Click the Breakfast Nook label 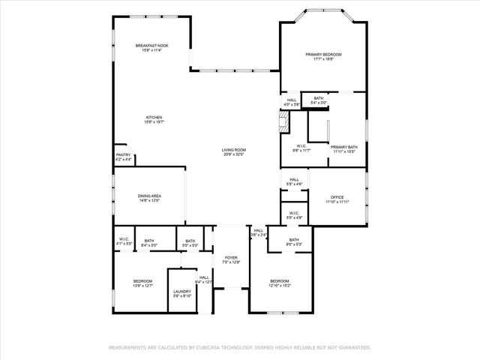coord(151,48)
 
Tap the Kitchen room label coord(154,119)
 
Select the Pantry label coord(123,157)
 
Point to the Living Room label coord(233,152)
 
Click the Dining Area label coord(149,198)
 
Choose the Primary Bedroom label coord(323,57)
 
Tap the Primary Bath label coord(343,149)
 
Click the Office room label coord(337,199)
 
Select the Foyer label coord(231,259)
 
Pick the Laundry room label coord(181,293)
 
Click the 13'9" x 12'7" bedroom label coord(142,283)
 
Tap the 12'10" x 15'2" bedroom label coord(279,283)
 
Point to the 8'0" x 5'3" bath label coord(294,241)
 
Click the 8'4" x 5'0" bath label coord(149,242)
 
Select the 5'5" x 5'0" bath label coord(190,243)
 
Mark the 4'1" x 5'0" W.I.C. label coord(124,241)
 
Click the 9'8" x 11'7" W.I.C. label coord(301,148)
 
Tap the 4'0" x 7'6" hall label coord(292,102)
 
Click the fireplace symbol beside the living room coord(284,123)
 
